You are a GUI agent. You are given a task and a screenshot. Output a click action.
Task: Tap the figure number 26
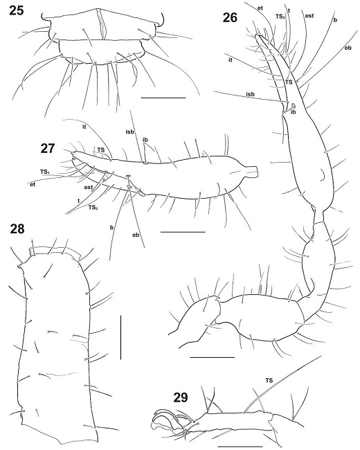(231, 18)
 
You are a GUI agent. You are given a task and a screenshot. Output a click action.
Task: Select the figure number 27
(48, 149)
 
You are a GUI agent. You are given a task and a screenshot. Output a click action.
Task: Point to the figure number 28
(17, 229)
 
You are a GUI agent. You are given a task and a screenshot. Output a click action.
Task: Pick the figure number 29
(181, 397)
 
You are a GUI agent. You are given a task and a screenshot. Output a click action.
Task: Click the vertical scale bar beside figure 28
(121, 337)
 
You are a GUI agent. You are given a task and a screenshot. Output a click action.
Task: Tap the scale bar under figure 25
(163, 98)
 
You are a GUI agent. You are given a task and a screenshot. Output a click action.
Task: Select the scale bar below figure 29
(240, 447)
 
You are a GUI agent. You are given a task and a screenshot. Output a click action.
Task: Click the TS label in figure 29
(269, 381)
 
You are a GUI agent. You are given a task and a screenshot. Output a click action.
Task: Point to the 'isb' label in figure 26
(250, 94)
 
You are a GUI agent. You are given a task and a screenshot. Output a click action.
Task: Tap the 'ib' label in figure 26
(293, 112)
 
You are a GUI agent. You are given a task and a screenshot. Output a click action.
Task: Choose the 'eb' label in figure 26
(348, 48)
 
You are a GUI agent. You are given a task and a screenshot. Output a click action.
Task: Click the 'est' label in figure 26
(309, 16)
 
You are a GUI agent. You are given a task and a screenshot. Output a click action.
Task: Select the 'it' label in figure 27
(84, 127)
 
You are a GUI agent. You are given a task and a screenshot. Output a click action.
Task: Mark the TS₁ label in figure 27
(45, 171)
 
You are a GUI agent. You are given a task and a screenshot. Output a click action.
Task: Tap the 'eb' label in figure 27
(136, 235)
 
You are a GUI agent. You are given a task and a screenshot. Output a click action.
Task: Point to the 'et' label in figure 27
(33, 185)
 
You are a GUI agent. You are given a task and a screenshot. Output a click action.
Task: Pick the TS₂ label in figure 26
(280, 17)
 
